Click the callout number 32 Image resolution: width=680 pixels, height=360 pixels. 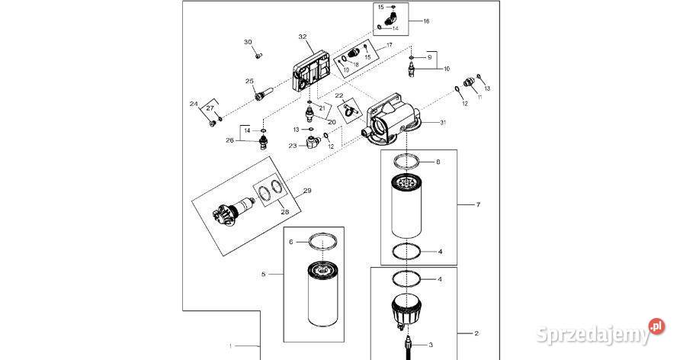click(303, 37)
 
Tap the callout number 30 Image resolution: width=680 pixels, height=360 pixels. click(248, 42)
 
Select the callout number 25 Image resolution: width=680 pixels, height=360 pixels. click(249, 81)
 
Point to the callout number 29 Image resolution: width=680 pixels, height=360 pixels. click(307, 191)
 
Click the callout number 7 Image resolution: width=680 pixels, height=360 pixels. click(478, 204)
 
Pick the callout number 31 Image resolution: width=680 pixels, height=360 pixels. click(443, 122)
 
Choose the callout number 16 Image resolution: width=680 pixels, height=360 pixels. click(426, 21)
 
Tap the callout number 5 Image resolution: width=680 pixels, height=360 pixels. click(263, 274)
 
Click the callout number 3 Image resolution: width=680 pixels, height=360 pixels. click(431, 346)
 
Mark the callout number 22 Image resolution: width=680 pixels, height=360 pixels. click(339, 95)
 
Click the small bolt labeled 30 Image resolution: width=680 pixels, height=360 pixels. click(258, 56)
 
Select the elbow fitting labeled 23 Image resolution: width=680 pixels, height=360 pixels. click(311, 141)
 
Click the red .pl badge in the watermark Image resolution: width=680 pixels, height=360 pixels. click(656, 326)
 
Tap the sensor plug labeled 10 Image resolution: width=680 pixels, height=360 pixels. click(411, 69)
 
